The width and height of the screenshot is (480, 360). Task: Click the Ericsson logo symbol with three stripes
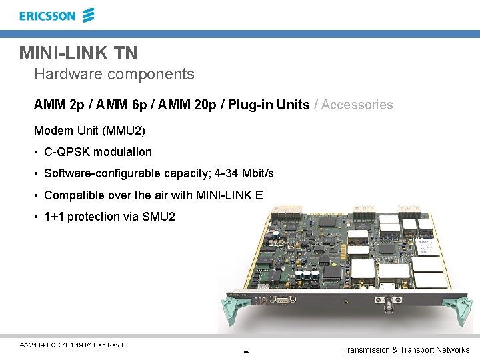click(89, 15)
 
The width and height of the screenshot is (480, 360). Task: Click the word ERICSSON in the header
click(47, 16)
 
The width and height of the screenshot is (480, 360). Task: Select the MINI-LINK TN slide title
click(78, 52)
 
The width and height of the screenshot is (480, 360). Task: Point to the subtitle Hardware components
click(114, 74)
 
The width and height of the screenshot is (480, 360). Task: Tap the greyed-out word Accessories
click(358, 105)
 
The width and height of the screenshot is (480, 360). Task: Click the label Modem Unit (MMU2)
click(89, 130)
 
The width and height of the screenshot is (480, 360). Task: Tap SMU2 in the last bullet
click(159, 217)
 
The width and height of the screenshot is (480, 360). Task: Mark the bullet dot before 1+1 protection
click(37, 217)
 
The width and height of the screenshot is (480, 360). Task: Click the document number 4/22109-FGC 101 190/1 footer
click(73, 345)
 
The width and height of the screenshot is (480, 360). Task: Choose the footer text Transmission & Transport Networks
click(405, 350)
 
